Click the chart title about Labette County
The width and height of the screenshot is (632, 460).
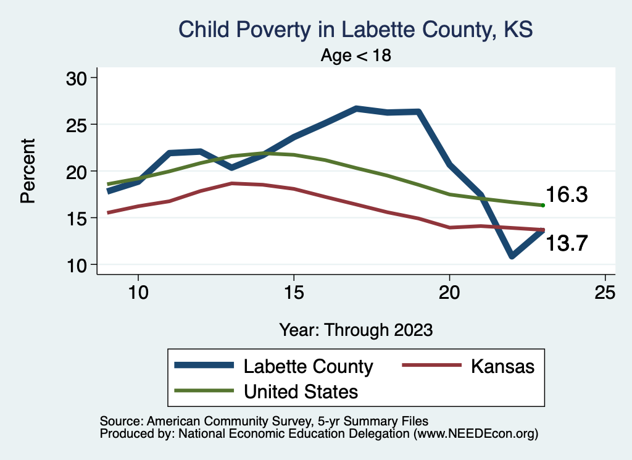click(355, 30)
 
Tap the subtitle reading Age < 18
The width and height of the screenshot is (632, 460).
click(356, 56)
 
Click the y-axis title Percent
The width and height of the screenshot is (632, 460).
click(27, 171)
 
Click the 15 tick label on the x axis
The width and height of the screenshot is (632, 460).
click(294, 292)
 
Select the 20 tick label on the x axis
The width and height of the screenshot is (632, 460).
click(449, 292)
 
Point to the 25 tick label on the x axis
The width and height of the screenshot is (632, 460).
click(605, 292)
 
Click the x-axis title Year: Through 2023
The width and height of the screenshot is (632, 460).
click(355, 329)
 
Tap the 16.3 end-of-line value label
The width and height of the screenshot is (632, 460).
click(566, 195)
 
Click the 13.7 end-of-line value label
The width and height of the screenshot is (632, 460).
click(566, 243)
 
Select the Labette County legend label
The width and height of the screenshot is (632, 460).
click(309, 366)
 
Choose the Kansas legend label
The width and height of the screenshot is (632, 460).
click(502, 366)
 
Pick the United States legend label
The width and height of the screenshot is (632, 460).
click(301, 391)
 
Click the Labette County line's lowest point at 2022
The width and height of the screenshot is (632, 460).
click(512, 256)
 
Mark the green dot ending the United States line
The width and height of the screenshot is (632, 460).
click(543, 205)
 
